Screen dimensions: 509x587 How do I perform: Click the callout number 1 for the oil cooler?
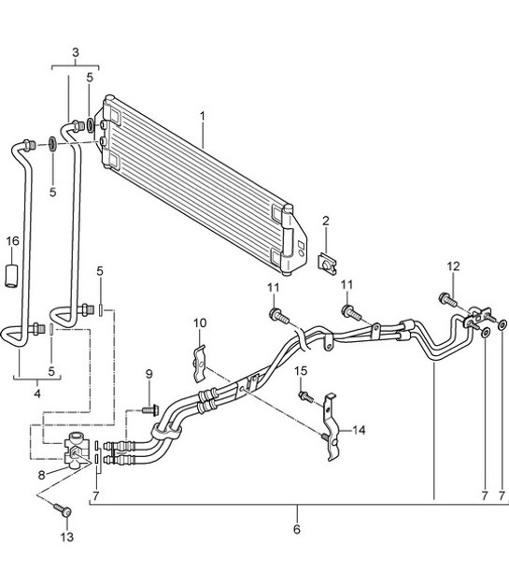tap(203, 116)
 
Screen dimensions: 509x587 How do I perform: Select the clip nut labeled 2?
tap(327, 264)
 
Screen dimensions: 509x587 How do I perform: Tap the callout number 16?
tap(12, 241)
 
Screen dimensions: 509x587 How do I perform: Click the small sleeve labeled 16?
tap(11, 277)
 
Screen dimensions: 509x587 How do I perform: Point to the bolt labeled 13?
tap(63, 509)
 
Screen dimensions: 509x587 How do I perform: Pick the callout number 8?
tap(41, 476)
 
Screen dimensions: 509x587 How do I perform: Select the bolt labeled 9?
tap(150, 410)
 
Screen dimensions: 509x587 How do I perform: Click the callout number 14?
tap(359, 431)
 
